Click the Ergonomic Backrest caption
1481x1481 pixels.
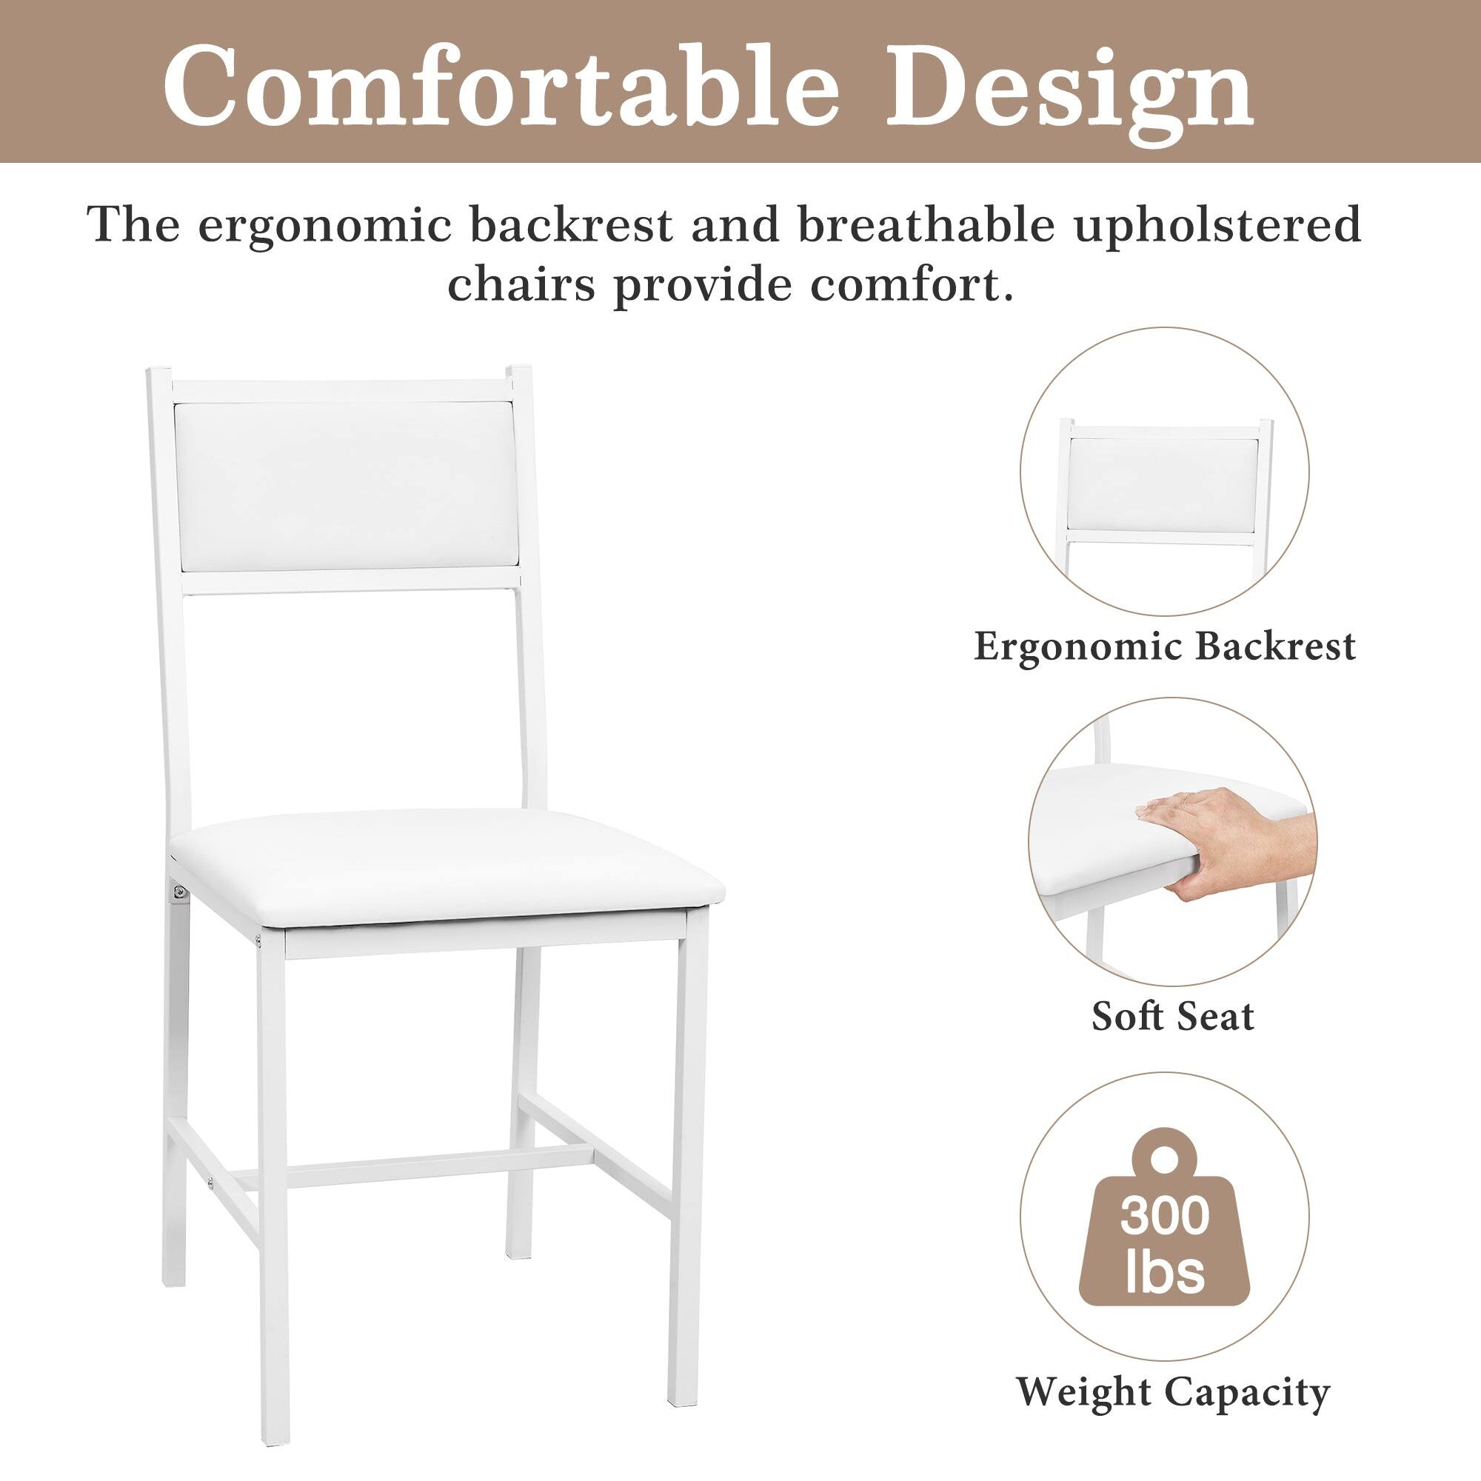pyautogui.click(x=1164, y=646)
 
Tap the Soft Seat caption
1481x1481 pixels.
pyautogui.click(x=1173, y=1017)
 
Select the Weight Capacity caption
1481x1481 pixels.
pyautogui.click(x=1173, y=1392)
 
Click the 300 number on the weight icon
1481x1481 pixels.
pyautogui.click(x=1165, y=1217)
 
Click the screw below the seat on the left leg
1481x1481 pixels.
pyautogui.click(x=178, y=892)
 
